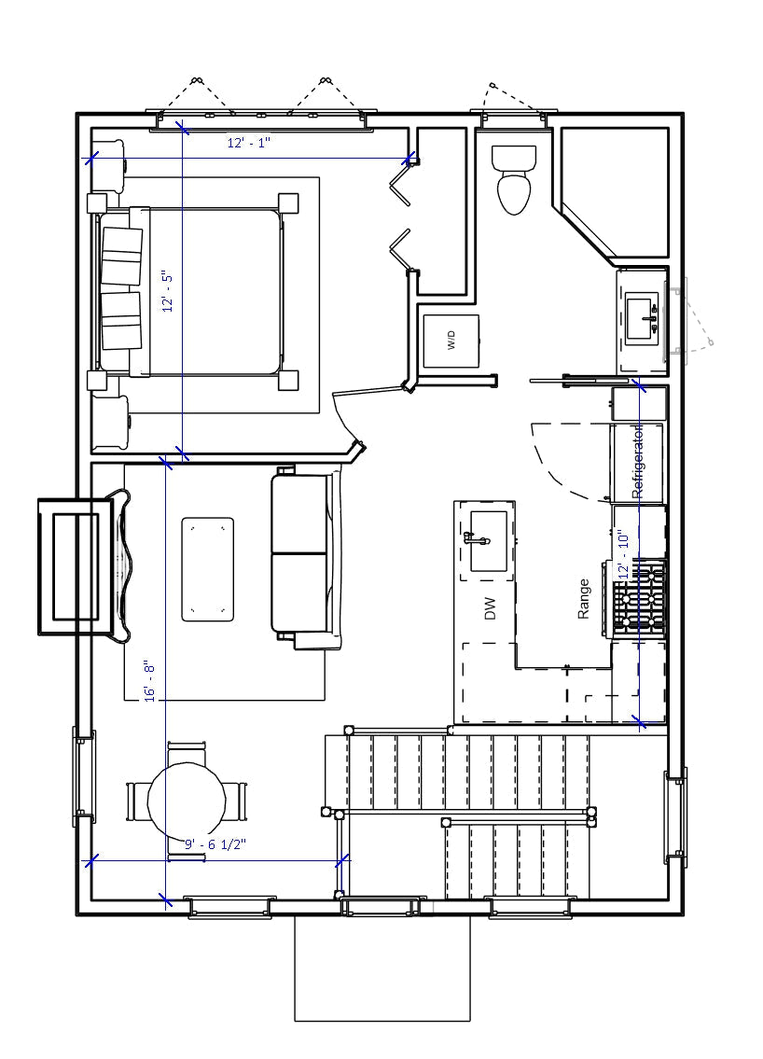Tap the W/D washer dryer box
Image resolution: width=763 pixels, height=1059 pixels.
(451, 341)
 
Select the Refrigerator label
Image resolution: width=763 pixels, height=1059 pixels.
(638, 462)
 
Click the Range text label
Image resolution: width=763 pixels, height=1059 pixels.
(584, 599)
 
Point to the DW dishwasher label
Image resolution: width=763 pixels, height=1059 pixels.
(490, 610)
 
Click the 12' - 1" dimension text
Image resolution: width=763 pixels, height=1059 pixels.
(249, 143)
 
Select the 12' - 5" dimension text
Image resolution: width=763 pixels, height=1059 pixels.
(168, 291)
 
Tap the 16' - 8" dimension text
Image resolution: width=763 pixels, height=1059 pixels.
(150, 681)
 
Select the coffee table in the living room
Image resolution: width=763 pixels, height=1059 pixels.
(207, 569)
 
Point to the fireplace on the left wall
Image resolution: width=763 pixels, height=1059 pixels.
(76, 566)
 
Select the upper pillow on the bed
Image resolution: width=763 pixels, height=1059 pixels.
(121, 256)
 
